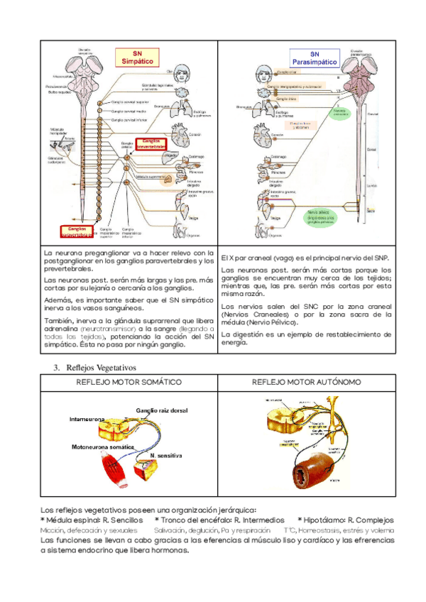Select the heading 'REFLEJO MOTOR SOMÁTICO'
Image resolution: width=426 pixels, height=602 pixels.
pos(129,382)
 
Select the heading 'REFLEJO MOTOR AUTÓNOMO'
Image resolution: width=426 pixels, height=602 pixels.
pos(306,382)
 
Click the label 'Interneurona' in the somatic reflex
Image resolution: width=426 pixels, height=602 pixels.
pos(89,419)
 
